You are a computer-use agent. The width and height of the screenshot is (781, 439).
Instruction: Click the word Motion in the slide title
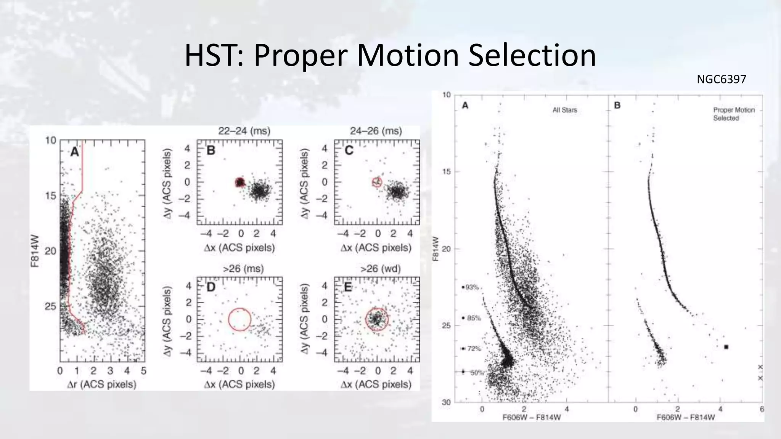click(407, 56)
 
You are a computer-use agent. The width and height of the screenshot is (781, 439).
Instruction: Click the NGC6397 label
click(721, 79)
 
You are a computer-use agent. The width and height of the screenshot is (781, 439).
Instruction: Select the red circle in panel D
click(239, 319)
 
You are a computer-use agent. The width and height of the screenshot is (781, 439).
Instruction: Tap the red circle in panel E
click(377, 319)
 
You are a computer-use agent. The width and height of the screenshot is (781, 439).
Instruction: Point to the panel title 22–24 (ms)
click(244, 131)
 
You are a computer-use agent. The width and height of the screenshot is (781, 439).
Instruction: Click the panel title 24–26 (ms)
click(376, 131)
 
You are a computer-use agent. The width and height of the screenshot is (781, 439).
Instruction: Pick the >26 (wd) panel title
click(380, 269)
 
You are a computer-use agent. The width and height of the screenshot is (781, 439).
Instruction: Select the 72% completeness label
click(474, 349)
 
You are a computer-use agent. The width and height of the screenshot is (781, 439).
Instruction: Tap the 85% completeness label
click(474, 318)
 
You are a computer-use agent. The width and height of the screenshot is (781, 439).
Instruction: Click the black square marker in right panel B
click(726, 347)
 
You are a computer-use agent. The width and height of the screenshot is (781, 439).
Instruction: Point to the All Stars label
click(565, 110)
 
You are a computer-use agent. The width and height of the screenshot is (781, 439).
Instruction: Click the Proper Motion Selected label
click(734, 114)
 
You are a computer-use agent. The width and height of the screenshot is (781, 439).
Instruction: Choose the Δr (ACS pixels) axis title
click(101, 384)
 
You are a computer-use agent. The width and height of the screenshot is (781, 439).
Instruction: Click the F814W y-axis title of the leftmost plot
click(35, 251)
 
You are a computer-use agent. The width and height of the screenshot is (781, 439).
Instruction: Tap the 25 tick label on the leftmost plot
click(50, 306)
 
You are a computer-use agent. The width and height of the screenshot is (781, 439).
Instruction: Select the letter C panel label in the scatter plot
click(349, 151)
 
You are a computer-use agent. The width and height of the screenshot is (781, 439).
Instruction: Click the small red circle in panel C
click(377, 182)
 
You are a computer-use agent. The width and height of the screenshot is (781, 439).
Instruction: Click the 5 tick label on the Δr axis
click(143, 371)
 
